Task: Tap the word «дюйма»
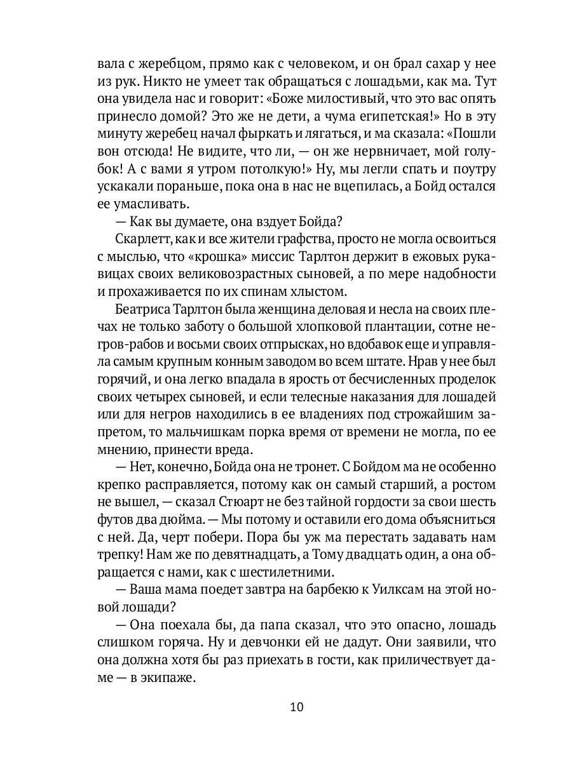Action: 177,519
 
